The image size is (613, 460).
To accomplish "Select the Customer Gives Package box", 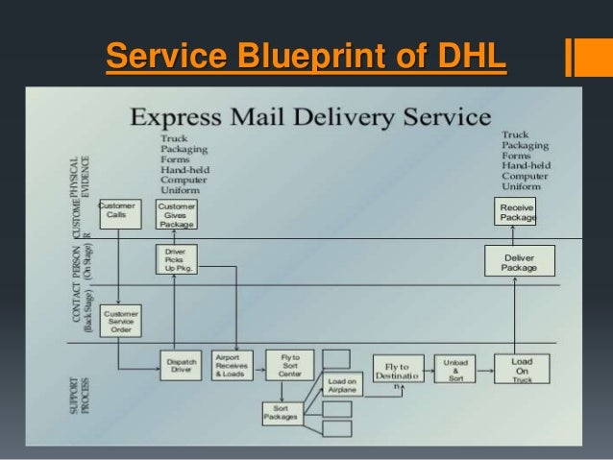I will click(176, 214).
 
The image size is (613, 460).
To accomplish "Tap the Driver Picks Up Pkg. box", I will click(175, 260).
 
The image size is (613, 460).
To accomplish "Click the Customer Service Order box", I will click(121, 321).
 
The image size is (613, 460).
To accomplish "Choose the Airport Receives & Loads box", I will click(233, 366).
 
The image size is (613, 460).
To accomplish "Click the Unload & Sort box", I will click(454, 370).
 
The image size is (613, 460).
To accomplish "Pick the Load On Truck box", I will click(522, 370).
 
